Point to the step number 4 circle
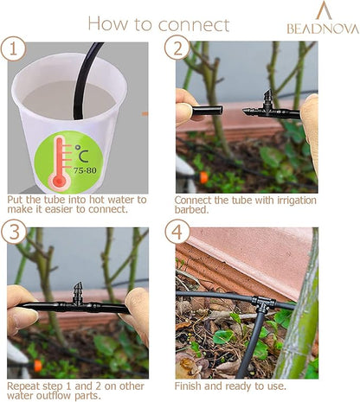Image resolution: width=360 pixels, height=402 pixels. [177, 233]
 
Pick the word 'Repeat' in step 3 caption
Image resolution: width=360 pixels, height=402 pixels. [25, 384]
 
